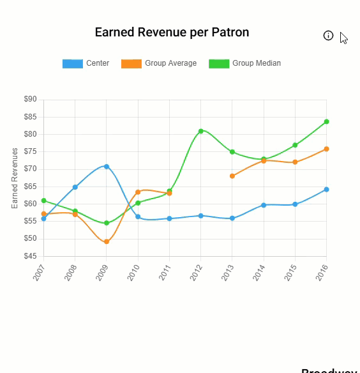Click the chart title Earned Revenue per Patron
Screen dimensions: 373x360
coord(172,33)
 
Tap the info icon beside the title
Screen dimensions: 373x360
coord(328,36)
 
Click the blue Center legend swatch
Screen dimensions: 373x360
coord(72,64)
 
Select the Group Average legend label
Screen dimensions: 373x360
coord(170,64)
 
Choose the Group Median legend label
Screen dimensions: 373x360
coord(256,64)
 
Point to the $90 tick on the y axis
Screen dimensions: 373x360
coord(30,100)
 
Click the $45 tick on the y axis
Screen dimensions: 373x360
coord(30,257)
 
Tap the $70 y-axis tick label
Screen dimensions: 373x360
coord(30,169)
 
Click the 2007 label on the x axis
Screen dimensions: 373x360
coord(40,273)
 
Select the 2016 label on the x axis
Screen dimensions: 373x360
coord(322,273)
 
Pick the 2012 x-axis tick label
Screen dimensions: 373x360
coord(197,273)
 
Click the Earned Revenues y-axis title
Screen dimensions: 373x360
coord(15,178)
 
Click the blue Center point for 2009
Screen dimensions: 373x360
coord(107,167)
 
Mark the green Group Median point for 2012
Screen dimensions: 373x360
coord(200,131)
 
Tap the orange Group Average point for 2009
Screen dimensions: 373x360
coord(107,242)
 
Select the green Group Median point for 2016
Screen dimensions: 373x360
coord(326,121)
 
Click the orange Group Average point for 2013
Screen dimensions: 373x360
coord(232,176)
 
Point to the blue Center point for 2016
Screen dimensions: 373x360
coord(326,189)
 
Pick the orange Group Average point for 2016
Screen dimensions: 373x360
coord(326,149)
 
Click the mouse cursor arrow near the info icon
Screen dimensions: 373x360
coord(343,38)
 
